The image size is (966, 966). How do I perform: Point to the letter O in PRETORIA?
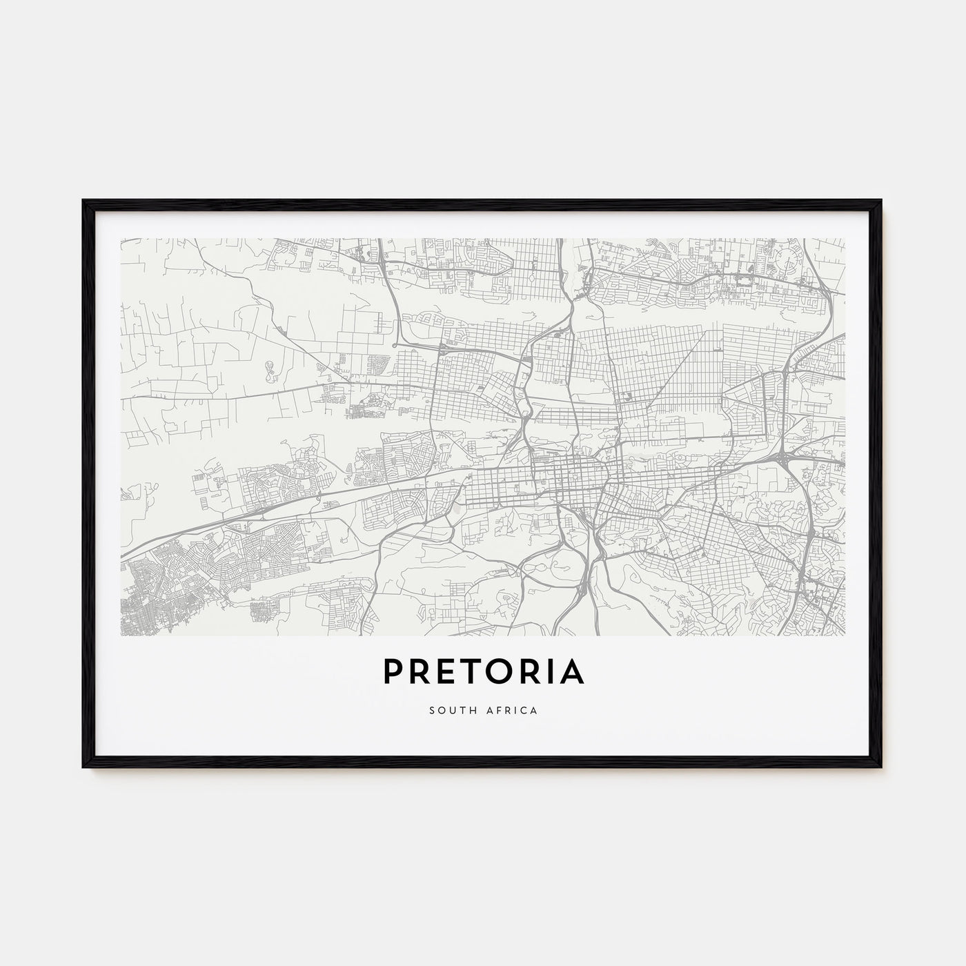[x=503, y=672]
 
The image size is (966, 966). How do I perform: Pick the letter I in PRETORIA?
[x=551, y=672]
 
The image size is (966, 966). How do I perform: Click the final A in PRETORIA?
[x=571, y=672]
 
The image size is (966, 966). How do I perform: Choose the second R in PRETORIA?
[x=533, y=672]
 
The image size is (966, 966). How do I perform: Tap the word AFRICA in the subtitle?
[x=511, y=709]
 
